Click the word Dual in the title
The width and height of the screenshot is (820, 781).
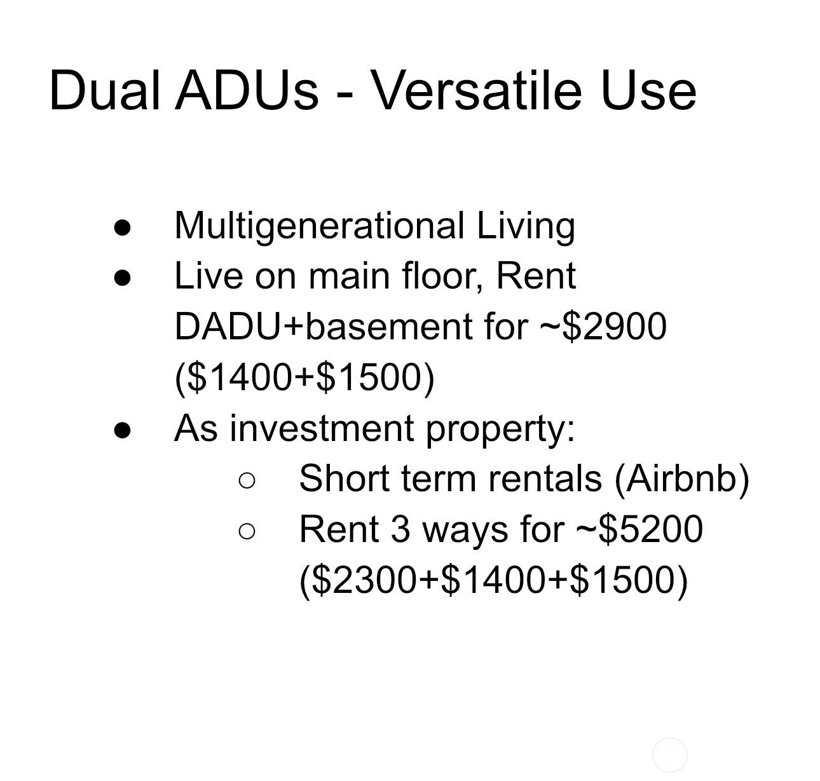(105, 90)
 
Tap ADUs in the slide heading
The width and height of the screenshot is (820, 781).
(247, 90)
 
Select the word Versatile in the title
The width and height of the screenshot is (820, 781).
(475, 90)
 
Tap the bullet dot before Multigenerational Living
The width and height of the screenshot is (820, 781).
(122, 228)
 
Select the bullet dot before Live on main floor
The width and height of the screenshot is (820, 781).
(122, 278)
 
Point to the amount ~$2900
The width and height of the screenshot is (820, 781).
(603, 327)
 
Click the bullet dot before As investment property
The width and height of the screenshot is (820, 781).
(122, 430)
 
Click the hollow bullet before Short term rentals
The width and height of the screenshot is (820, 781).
(247, 480)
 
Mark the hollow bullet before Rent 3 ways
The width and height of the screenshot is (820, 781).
(247, 531)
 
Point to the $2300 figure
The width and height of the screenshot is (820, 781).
(364, 580)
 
